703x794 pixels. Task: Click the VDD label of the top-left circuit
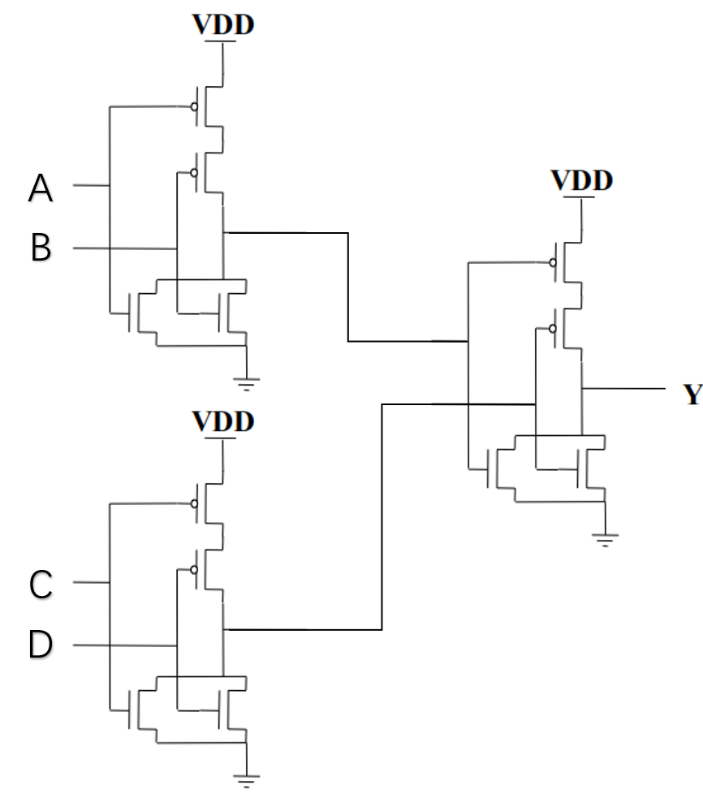point(223,24)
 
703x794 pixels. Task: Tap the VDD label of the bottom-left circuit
point(223,421)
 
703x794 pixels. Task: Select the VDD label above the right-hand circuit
point(582,180)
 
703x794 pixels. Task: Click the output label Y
point(692,395)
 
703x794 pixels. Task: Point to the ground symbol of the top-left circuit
point(246,381)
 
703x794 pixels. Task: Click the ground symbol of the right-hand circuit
point(605,537)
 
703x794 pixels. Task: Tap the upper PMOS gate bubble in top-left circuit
point(193,106)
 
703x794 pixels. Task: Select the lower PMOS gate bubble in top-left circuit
point(193,172)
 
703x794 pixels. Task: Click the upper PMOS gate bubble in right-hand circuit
point(552,262)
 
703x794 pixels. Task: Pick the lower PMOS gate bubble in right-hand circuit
point(552,328)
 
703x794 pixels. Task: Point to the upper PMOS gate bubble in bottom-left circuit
point(193,503)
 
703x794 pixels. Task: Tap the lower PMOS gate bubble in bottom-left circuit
point(193,569)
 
